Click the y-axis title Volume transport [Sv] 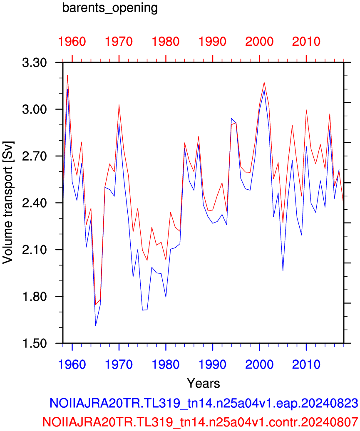[8, 203]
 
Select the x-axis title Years [204, 383]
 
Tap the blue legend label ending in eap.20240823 [204, 403]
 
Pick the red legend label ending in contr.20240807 [200, 421]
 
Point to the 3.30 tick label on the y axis [35, 63]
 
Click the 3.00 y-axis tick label [35, 109]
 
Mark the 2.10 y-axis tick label [35, 250]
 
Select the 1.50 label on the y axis [35, 343]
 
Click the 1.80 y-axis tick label [35, 297]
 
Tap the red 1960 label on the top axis [72, 42]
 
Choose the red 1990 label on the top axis [212, 42]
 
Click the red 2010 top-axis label [306, 42]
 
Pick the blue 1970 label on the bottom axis [119, 364]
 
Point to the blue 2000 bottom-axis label [259, 364]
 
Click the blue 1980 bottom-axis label [166, 364]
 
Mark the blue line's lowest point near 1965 [96, 326]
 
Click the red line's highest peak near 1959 [67, 75]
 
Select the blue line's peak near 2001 [264, 90]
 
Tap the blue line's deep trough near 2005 [283, 271]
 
